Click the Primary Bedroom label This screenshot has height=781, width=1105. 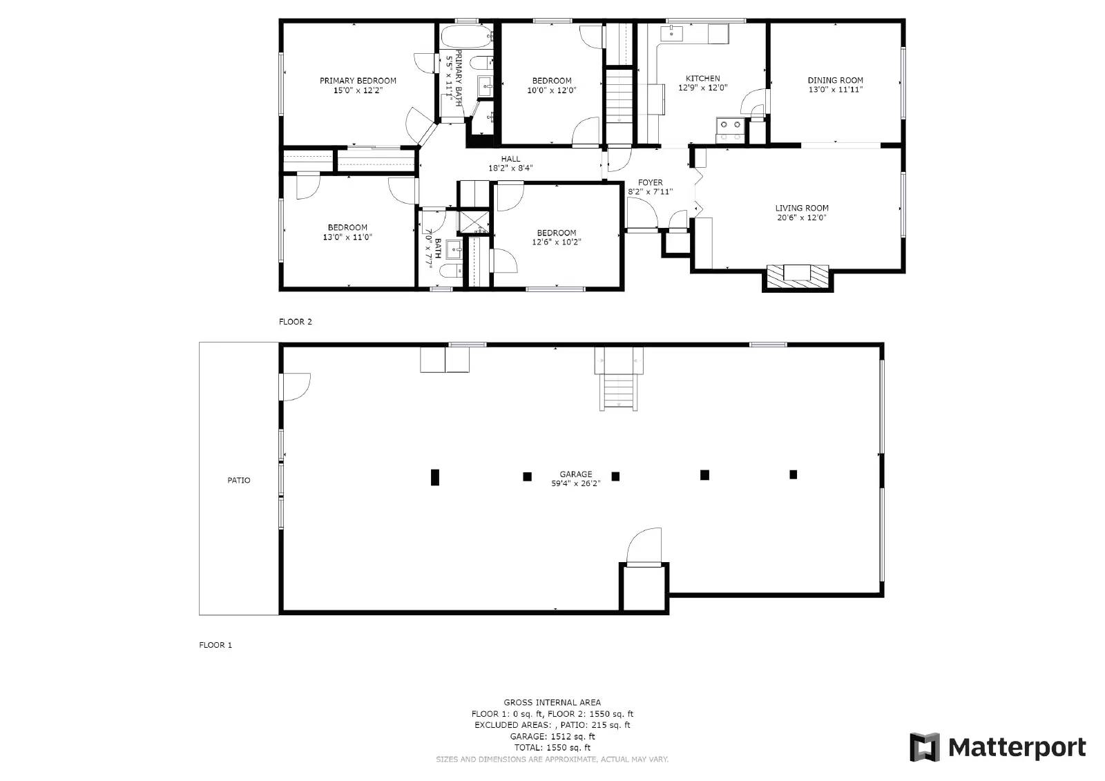[x=358, y=81]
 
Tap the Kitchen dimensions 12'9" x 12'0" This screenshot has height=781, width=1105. [x=702, y=88]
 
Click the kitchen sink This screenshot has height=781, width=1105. [x=671, y=32]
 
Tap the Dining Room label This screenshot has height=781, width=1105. [x=836, y=80]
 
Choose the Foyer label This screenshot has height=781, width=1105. [x=651, y=183]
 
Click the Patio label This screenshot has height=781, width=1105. [x=239, y=480]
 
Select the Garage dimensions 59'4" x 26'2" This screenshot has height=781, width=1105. [x=575, y=484]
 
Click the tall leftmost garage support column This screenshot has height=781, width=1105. [x=434, y=477]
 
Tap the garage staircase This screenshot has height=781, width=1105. [x=619, y=391]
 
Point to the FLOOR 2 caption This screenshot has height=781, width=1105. [x=296, y=322]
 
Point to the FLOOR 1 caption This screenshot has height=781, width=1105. [x=215, y=645]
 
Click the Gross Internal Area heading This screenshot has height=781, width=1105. [x=552, y=702]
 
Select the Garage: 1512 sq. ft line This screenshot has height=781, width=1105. [x=552, y=737]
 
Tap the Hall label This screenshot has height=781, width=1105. [x=510, y=159]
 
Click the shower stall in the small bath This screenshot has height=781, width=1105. [x=474, y=222]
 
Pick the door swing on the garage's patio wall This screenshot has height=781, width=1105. [x=295, y=386]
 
